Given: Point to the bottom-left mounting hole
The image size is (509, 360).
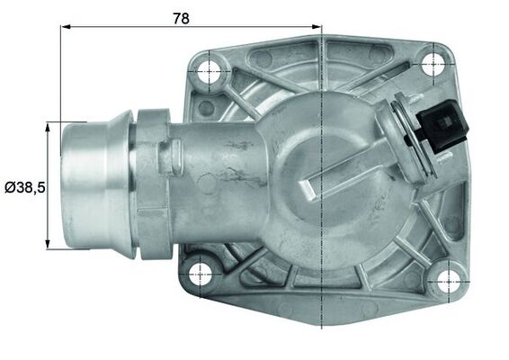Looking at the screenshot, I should click(x=201, y=273).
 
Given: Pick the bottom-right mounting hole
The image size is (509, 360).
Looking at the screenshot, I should click(x=443, y=281).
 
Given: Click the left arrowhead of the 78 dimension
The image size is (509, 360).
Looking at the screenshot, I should click(x=66, y=27).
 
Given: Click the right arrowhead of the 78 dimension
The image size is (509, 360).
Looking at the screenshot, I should click(x=316, y=27).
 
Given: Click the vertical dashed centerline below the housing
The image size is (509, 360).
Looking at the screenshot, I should click(x=321, y=324).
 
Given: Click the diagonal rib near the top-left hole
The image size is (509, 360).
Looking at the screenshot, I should click(x=243, y=94).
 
